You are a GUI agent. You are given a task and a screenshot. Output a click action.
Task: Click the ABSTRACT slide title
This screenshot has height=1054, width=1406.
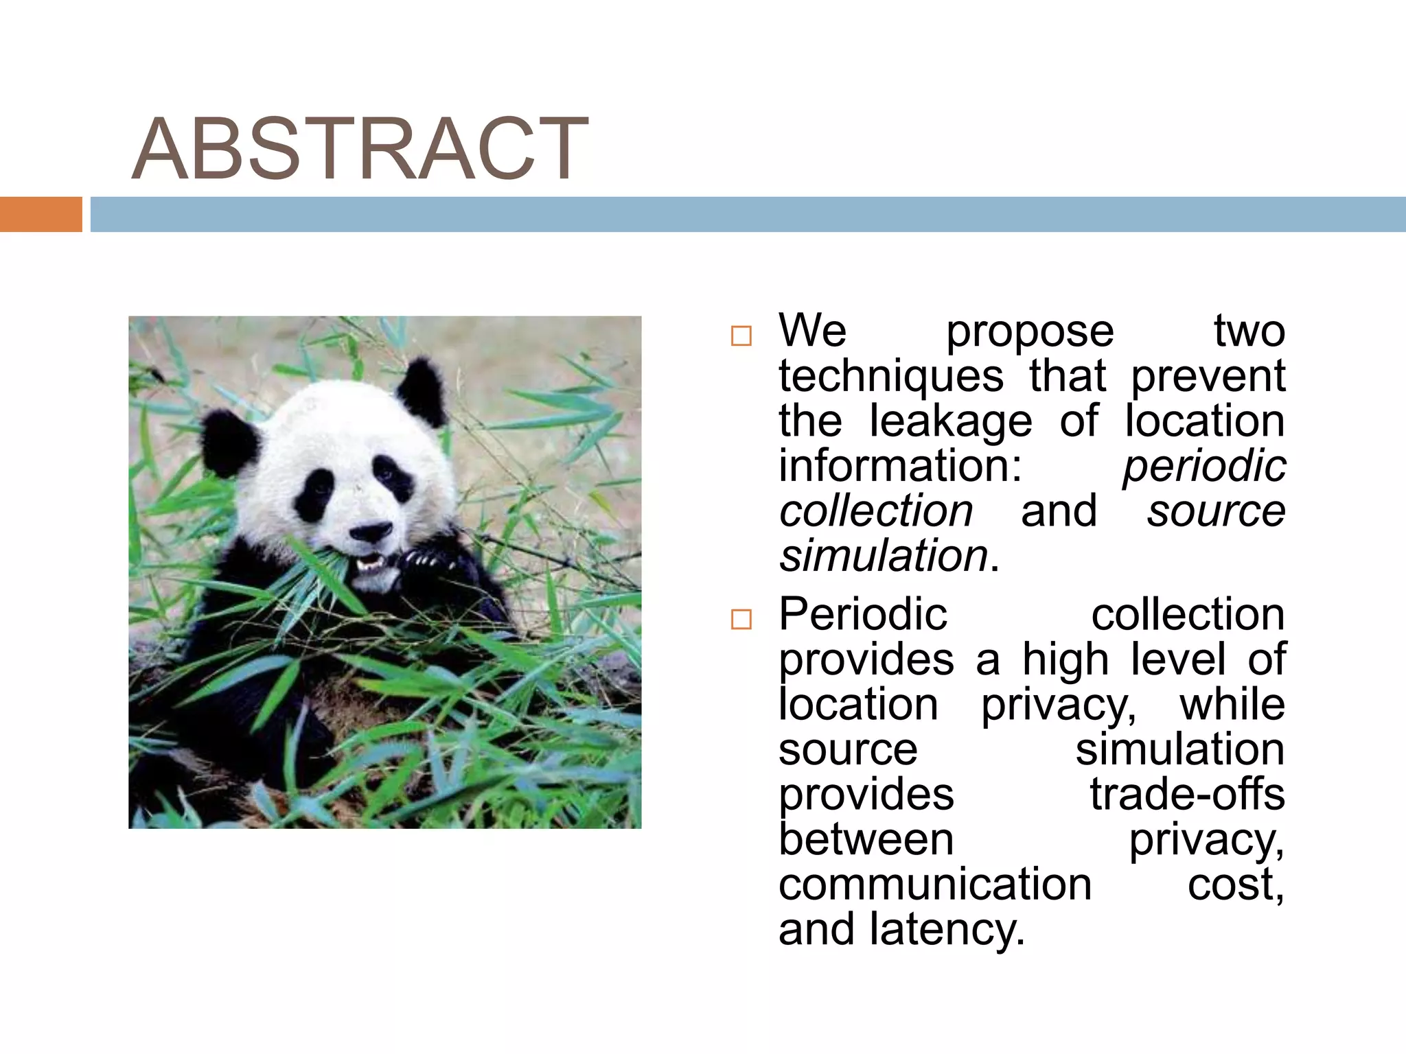coord(359,149)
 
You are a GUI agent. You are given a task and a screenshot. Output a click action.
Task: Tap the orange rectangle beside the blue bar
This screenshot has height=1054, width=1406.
coord(41,214)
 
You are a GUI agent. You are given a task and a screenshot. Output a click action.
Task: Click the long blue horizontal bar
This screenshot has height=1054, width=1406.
coord(747,214)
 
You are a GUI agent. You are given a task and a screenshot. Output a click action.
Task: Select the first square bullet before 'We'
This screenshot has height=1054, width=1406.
coord(741,336)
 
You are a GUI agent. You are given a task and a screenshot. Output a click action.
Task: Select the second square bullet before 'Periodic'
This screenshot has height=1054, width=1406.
coord(741,620)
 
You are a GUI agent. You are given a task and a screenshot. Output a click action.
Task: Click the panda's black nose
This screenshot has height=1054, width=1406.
coord(370,532)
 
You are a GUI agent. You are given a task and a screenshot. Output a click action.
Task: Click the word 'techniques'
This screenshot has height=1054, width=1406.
coord(890,377)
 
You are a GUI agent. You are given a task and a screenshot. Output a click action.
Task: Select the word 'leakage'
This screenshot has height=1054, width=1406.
coord(950,421)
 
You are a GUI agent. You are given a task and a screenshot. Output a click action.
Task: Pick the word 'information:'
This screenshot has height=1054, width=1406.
coord(900,466)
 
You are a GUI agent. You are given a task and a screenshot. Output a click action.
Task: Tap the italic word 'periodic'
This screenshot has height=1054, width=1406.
coord(1203,466)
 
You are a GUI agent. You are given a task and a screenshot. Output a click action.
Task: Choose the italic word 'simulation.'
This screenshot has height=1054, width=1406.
coord(889,556)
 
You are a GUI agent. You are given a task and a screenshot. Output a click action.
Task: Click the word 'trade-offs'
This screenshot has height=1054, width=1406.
coord(1187,795)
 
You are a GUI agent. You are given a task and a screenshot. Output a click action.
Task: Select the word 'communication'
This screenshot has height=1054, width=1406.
coord(934,885)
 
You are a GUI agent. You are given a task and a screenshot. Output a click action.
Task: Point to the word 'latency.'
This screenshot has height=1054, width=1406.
coord(947,930)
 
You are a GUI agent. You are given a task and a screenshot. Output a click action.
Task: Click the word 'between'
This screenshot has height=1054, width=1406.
coord(866,840)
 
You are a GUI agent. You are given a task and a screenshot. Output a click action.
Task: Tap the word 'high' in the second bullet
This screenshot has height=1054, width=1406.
coord(1065,659)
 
